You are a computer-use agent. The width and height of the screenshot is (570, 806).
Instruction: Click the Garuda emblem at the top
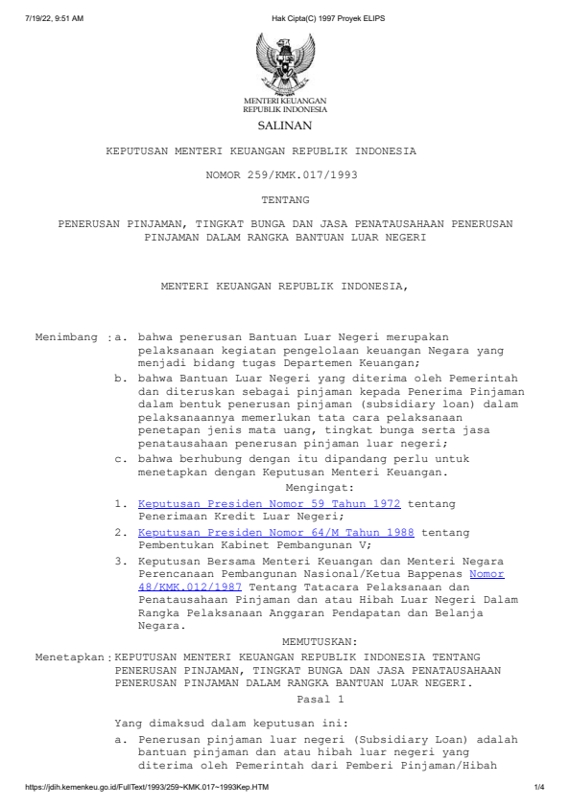coord(284,62)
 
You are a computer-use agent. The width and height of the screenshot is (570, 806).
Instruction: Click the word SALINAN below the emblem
coord(284,126)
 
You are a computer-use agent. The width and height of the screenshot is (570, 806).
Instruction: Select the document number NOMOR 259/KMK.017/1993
coord(284,175)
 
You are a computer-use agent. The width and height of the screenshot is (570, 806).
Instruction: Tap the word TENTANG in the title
coord(284,199)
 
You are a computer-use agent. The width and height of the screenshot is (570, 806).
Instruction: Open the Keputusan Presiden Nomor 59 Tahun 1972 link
coord(269,503)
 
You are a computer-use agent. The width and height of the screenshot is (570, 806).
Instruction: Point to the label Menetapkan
coord(71,658)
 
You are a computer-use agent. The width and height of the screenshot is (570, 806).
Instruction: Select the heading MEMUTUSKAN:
coord(321,640)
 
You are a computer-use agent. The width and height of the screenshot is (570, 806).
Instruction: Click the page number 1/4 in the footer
coord(539,788)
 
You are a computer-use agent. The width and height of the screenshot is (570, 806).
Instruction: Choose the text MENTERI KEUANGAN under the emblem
coord(284,101)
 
